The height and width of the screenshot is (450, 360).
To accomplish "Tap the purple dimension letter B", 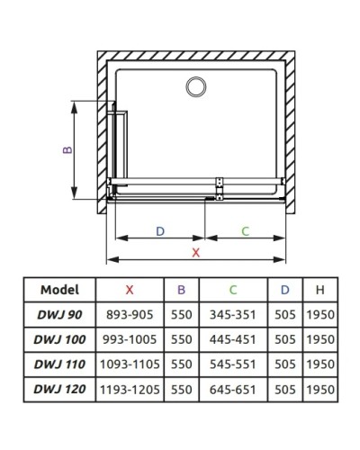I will click(67, 150).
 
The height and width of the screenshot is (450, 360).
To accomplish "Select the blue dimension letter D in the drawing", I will click(160, 231).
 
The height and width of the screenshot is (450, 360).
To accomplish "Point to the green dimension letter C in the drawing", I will click(245, 231).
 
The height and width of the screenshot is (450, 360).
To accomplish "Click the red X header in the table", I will click(130, 290).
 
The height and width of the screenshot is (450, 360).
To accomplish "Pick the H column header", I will click(319, 290).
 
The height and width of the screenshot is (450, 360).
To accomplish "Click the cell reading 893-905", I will click(130, 315).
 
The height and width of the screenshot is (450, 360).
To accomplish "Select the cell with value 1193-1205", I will click(130, 391).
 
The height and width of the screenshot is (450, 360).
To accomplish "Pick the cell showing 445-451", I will click(232, 340).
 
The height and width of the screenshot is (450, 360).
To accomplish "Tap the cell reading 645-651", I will click(232, 391).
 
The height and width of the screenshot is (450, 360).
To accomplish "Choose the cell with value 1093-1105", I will click(130, 365).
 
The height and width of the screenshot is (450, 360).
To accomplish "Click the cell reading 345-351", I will click(232, 315).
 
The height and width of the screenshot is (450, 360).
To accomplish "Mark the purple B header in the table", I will click(181, 290).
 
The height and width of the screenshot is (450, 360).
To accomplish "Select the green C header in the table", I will click(232, 290).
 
